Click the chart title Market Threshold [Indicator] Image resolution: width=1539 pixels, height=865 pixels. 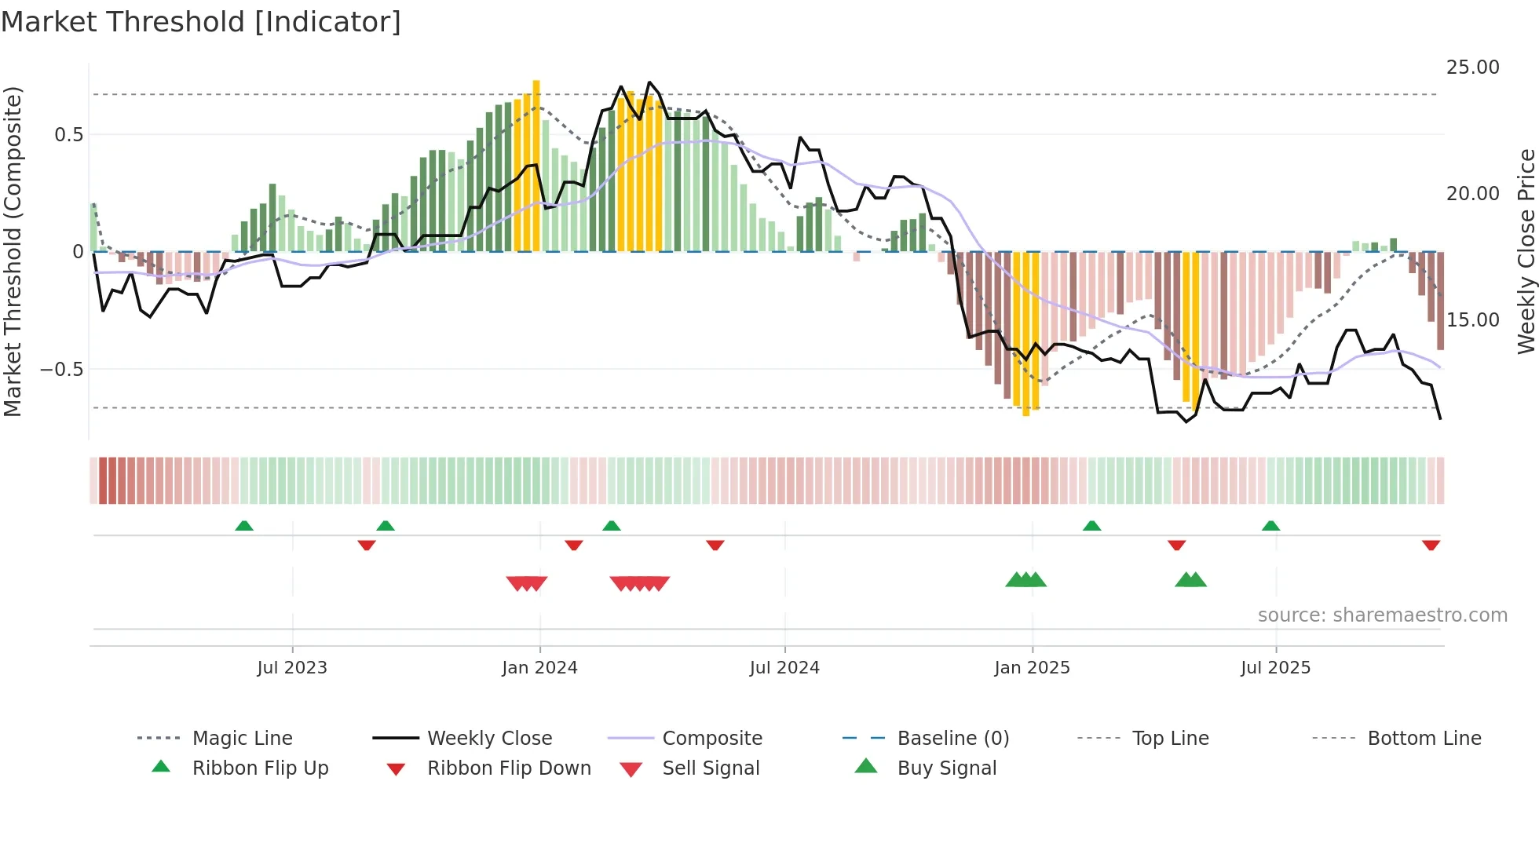201,22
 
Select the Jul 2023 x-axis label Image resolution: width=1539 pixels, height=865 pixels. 292,668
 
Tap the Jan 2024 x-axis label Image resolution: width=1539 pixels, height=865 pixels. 539,668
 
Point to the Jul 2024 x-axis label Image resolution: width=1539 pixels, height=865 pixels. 784,668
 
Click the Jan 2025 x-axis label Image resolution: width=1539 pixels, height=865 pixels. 1032,668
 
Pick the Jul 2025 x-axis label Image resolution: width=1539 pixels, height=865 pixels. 1275,668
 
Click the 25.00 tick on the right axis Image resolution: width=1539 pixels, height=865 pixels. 1472,68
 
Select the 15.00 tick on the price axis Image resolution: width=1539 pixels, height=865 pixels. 1472,320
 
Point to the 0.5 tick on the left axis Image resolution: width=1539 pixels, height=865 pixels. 68,135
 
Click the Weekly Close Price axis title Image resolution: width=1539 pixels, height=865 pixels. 1526,251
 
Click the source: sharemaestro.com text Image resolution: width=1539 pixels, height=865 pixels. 1382,615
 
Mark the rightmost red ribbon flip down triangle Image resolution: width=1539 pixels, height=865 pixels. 1431,545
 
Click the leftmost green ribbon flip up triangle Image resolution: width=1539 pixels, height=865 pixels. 244,526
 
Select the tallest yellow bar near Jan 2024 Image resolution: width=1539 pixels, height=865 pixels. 536,165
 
